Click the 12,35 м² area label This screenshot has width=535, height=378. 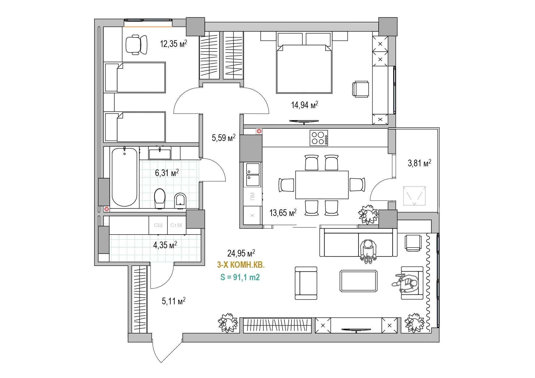pos(173,44)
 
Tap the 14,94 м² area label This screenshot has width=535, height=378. pos(305,105)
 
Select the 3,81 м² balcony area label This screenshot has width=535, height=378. pos(419,163)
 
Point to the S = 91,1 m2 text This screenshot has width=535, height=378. pos(240,277)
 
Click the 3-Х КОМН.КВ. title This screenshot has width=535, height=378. pos(241,265)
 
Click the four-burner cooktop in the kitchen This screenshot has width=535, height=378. pos(319,138)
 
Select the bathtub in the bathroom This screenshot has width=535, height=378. pos(124,177)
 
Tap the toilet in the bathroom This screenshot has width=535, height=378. pos(160,198)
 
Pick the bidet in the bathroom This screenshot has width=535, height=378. pos(180,200)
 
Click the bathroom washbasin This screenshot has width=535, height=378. pos(160,153)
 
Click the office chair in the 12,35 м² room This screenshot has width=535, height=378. pos(136,45)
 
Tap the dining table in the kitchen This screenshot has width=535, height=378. pos(322,185)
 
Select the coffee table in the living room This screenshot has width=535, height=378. pos(358,281)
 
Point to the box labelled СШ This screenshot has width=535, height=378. pos(158,225)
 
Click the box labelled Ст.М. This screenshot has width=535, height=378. pos(177,225)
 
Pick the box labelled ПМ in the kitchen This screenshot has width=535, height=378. pos(252,196)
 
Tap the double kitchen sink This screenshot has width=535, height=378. pos(253,175)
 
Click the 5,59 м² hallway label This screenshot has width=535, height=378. pos(224,138)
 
